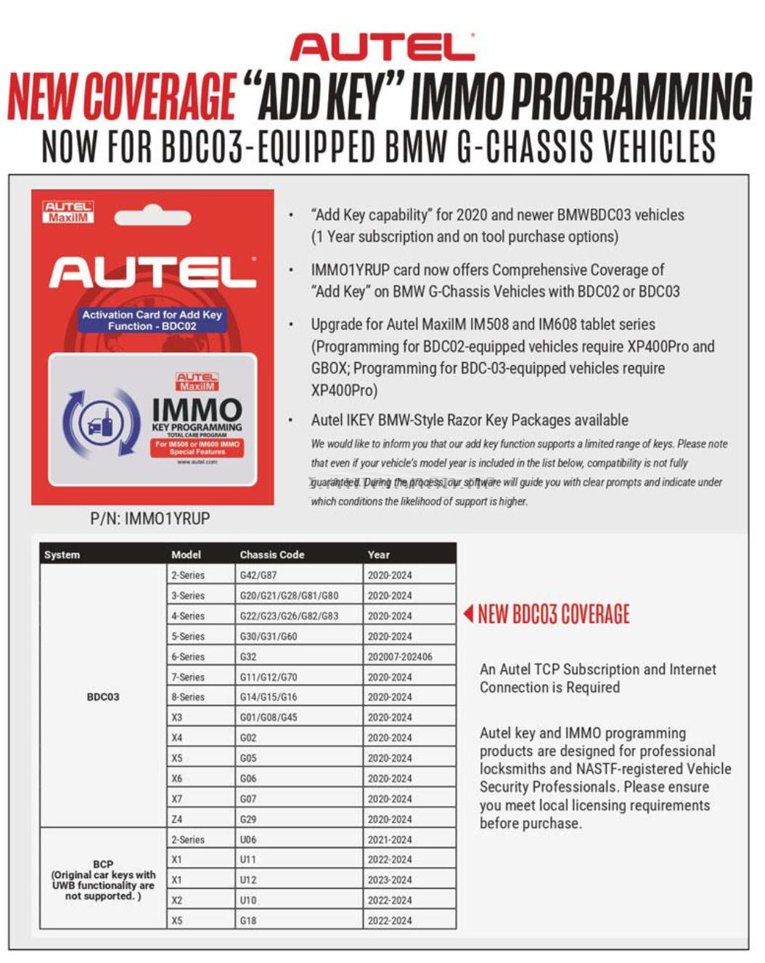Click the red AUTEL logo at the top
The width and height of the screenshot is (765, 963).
[382, 47]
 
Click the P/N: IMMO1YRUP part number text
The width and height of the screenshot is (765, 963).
[150, 519]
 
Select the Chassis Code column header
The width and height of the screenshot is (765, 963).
[272, 554]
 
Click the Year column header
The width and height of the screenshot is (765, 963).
[379, 554]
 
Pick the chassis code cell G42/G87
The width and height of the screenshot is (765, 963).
[258, 575]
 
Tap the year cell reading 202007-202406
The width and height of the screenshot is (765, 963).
[400, 657]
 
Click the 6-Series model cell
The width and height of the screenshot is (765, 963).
[188, 657]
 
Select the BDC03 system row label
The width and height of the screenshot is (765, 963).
[103, 696]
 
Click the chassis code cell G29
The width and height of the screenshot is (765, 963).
[248, 819]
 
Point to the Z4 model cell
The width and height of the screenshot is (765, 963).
[177, 819]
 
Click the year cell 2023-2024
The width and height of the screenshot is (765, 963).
[390, 879]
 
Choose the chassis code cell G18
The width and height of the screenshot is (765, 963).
[248, 920]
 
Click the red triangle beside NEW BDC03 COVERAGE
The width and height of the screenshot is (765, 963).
[469, 614]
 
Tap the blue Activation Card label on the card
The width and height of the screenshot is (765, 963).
[152, 320]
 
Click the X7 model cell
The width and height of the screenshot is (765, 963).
[177, 799]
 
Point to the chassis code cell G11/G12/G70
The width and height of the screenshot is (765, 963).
[269, 677]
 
